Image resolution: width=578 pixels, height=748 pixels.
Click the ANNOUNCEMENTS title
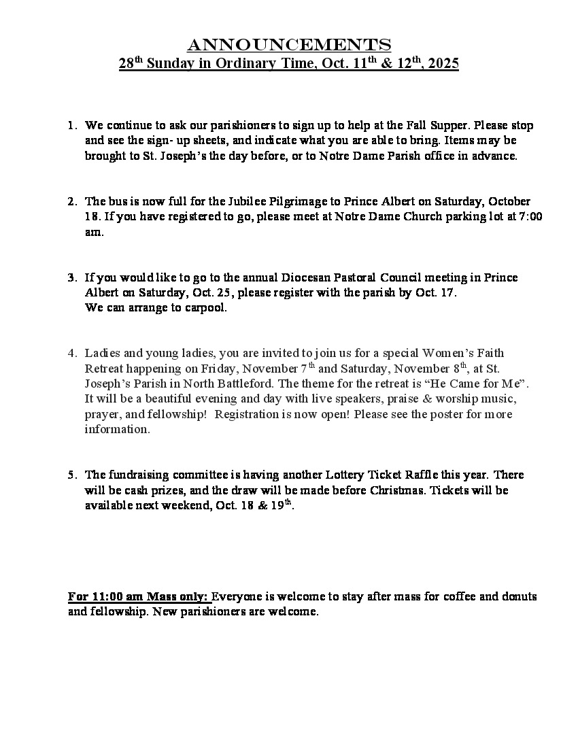tap(289, 45)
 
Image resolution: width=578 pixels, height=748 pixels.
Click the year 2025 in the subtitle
tap(443, 64)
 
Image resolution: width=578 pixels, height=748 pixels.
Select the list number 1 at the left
tap(71, 126)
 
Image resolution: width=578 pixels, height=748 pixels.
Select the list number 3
tap(71, 277)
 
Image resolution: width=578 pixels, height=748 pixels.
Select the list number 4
tap(71, 354)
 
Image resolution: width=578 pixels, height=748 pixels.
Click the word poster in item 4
tap(445, 414)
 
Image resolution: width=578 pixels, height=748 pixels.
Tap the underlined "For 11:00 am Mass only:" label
tap(139, 596)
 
